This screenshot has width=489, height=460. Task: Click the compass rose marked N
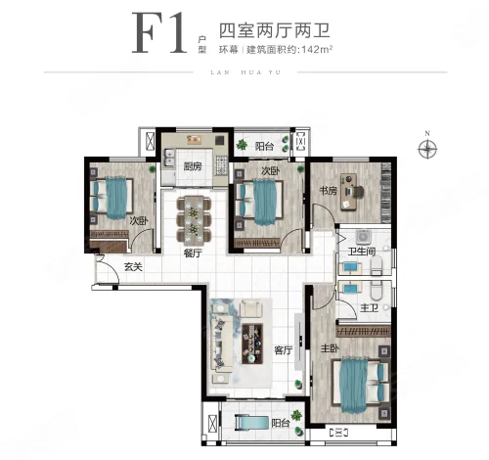[427, 149]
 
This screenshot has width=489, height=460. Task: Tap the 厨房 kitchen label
[193, 166]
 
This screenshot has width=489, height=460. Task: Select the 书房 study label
[328, 190]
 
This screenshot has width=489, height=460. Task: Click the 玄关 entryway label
[133, 267]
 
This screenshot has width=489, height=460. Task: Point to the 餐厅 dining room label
[193, 253]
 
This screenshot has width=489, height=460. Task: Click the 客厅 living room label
[283, 350]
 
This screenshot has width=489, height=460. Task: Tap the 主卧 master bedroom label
[330, 348]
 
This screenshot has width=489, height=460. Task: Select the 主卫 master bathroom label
[369, 307]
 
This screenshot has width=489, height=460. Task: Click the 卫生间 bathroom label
[362, 252]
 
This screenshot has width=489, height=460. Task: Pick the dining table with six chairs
[194, 220]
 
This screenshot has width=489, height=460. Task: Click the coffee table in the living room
[252, 344]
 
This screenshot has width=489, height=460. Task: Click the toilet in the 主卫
[377, 291]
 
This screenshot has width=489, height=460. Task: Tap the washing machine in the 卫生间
[362, 238]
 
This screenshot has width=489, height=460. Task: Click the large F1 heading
[159, 33]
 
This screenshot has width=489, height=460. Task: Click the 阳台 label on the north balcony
[264, 147]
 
